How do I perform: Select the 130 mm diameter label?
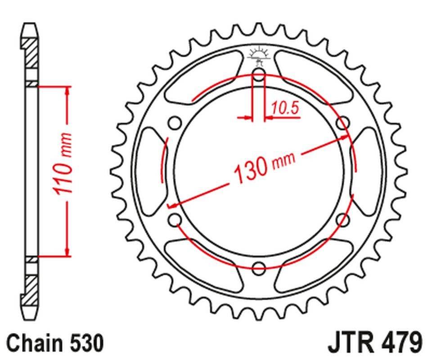[x=264, y=167]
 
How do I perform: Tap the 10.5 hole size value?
[x=284, y=108]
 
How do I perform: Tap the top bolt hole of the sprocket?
[x=259, y=75]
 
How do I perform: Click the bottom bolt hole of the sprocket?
[x=259, y=269]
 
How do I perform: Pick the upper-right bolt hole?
[x=343, y=122]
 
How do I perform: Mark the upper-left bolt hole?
[x=175, y=123]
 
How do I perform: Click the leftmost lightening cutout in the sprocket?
[x=150, y=171]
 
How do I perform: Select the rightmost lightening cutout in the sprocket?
[x=368, y=171]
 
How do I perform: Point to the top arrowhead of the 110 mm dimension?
[x=68, y=90]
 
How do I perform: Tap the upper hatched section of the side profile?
[x=32, y=54]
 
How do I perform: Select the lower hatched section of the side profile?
[x=32, y=285]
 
